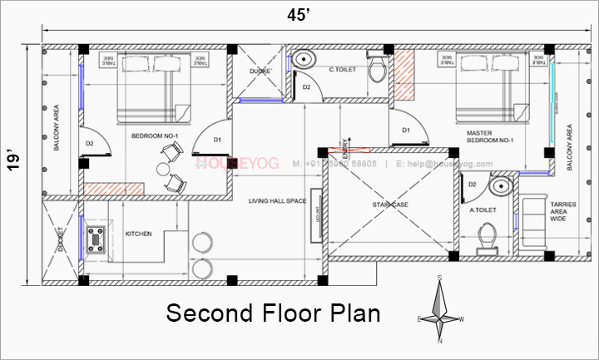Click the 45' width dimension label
pos(297,13)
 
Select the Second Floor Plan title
pos(273,313)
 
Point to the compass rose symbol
pos(441,310)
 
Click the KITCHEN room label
pos(138,234)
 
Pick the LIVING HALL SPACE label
pos(277,201)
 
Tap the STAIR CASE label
pos(390,203)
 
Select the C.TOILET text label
pos(342,70)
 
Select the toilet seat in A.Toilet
pos(486,243)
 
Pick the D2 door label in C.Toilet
pos(306,86)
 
